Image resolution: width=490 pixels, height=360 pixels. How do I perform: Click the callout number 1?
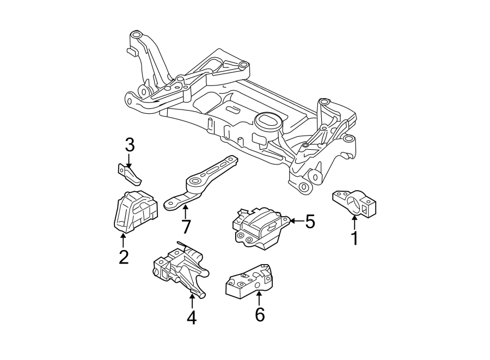[354, 238]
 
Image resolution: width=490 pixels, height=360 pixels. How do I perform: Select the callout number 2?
[124, 257]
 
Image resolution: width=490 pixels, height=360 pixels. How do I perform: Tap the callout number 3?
[130, 145]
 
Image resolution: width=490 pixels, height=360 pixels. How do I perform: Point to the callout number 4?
[191, 318]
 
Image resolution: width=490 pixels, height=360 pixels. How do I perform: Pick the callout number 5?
[310, 222]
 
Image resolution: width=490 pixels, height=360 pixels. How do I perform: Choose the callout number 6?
[260, 314]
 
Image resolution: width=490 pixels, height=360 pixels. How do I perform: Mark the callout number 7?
[186, 225]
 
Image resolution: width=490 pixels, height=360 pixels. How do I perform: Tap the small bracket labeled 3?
[130, 173]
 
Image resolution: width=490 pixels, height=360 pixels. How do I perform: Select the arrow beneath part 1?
[354, 222]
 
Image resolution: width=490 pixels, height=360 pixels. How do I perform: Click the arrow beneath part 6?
[260, 298]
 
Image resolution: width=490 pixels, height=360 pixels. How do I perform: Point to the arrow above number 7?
[186, 211]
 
